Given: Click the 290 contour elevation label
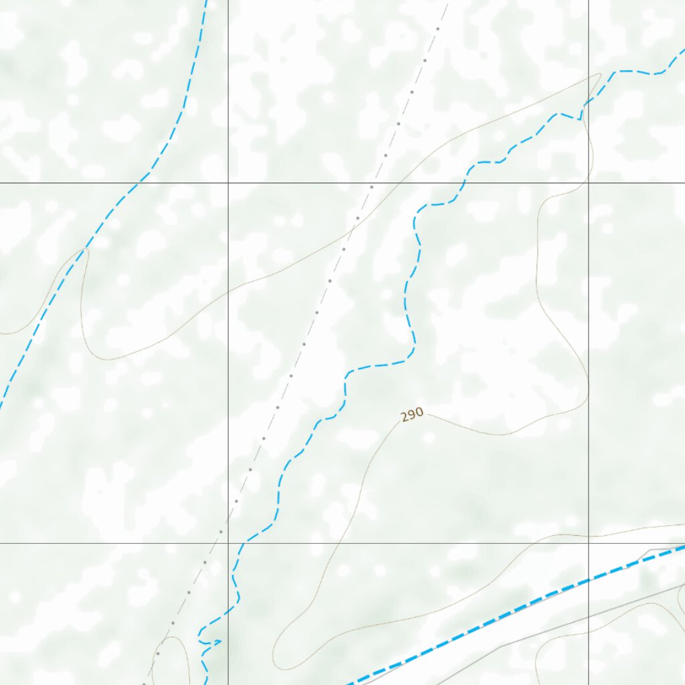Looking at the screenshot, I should (412, 415).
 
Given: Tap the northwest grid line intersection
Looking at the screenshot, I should (228, 182).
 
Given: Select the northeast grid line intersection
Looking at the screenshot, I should (589, 182).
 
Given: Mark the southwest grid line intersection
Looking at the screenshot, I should (228, 543).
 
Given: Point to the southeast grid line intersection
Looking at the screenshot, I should (589, 543).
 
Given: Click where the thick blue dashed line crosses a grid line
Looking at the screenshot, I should (589, 579).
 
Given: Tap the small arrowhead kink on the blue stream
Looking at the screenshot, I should (218, 642).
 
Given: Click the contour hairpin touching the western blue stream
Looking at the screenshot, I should (84, 250).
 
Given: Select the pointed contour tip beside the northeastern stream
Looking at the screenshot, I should (600, 75).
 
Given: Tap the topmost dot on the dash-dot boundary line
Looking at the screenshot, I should (438, 29).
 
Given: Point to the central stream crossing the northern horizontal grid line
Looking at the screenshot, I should (464, 182).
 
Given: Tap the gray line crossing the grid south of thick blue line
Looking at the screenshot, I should (589, 607).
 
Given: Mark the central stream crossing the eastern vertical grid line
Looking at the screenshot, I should (589, 100).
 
